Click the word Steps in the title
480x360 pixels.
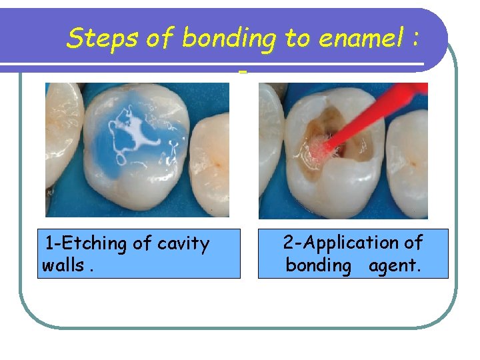pyautogui.click(x=103, y=39)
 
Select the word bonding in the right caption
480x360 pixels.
pyautogui.click(x=318, y=265)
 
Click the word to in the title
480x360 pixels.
pyautogui.click(x=297, y=39)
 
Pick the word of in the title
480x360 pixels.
pyautogui.click(x=160, y=39)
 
